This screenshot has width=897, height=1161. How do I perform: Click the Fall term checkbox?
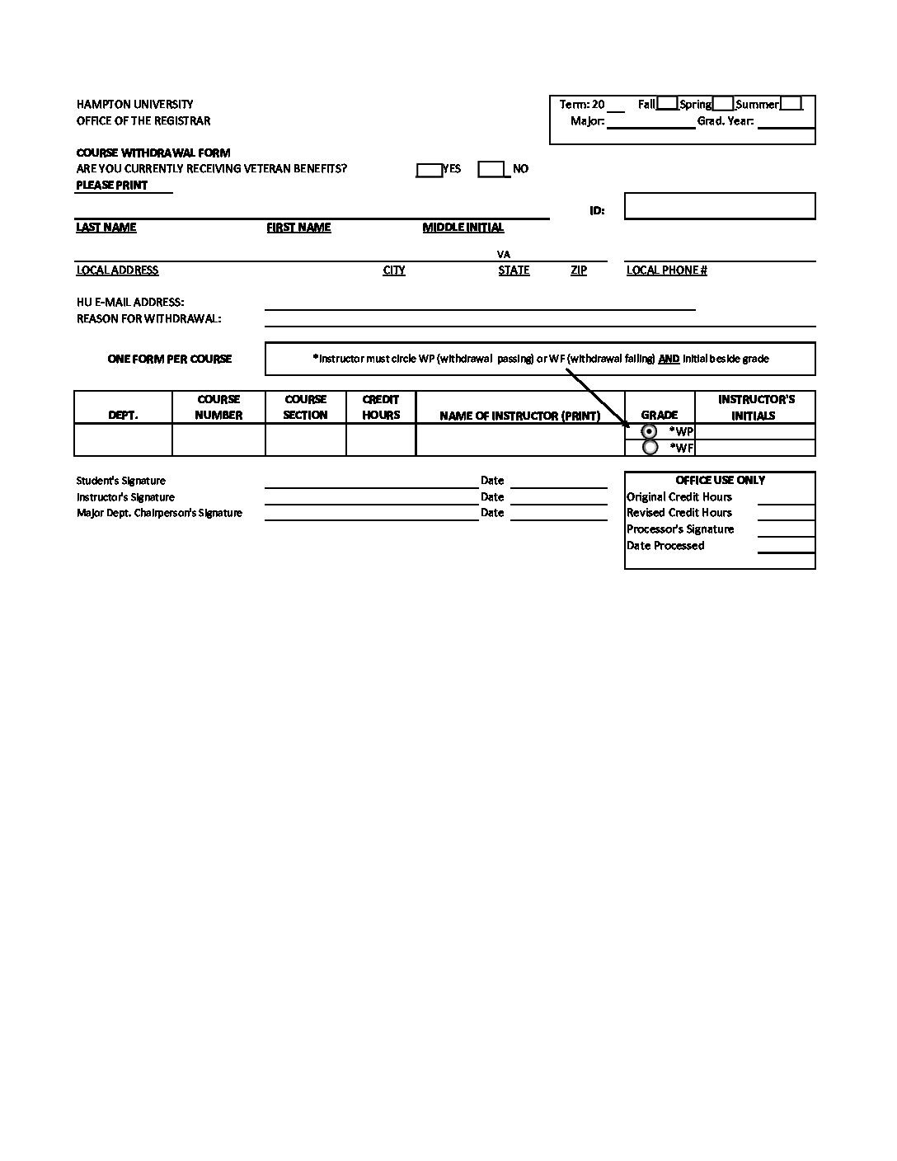tap(667, 103)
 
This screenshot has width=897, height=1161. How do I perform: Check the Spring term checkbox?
tap(722, 103)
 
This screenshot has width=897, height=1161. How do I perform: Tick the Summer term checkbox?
tap(790, 103)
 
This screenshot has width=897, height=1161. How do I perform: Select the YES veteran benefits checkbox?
tap(429, 169)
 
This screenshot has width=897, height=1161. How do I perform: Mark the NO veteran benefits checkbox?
tap(491, 169)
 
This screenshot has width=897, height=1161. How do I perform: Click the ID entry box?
tap(719, 205)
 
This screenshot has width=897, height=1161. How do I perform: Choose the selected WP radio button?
tap(650, 431)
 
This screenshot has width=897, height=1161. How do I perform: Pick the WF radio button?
tap(650, 448)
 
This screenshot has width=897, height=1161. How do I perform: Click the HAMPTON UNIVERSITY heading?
tap(135, 104)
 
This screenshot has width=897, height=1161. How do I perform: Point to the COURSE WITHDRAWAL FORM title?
tap(153, 153)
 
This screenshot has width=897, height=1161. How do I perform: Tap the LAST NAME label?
tap(106, 228)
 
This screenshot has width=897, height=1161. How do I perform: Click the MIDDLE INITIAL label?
tap(463, 228)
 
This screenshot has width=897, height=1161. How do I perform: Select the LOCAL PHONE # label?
tap(666, 270)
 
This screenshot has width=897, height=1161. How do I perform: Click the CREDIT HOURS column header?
tap(380, 407)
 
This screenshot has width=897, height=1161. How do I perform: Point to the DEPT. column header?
tap(123, 416)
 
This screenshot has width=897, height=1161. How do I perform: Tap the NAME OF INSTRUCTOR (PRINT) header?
tap(519, 416)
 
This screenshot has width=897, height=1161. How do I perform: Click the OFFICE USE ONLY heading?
tap(720, 480)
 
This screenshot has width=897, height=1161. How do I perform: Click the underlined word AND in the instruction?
tap(669, 359)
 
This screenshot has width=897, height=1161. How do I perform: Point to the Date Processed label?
tap(665, 545)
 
